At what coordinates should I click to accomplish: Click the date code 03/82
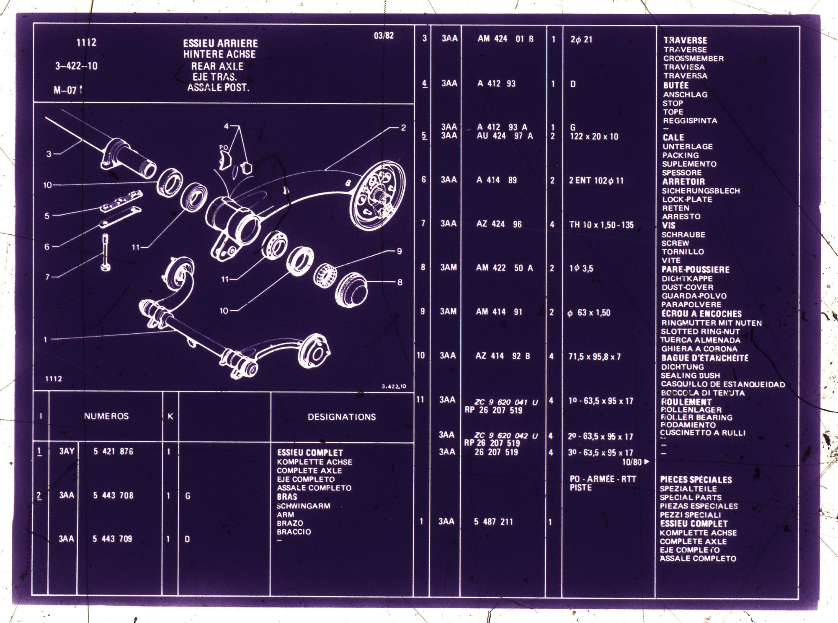click(384, 36)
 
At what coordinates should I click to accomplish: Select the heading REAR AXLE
click(217, 66)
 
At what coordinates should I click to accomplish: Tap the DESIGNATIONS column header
click(342, 417)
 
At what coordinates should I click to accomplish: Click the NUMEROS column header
click(106, 416)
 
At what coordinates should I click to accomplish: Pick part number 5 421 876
click(113, 451)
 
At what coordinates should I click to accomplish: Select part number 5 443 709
click(112, 539)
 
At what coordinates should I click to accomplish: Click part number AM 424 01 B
click(505, 39)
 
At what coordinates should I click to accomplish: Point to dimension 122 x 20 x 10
click(594, 136)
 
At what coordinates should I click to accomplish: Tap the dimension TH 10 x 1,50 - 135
click(601, 225)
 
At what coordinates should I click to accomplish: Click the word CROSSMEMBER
click(693, 58)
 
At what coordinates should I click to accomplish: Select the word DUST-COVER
click(687, 287)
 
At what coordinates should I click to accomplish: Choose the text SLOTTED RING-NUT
click(700, 331)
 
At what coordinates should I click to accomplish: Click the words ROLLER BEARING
click(696, 417)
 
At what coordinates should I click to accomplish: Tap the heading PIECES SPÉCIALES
click(696, 480)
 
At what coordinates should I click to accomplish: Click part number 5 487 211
click(493, 522)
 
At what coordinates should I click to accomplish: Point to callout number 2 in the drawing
click(403, 128)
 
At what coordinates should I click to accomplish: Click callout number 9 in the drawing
click(400, 251)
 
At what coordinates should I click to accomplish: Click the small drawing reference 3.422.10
click(394, 386)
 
